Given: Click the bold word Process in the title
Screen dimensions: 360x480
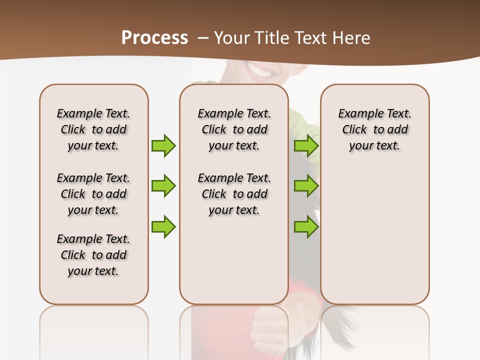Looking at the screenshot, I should (154, 38).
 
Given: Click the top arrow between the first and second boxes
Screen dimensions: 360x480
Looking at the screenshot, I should (163, 145).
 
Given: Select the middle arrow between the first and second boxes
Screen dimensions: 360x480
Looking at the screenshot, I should (163, 186).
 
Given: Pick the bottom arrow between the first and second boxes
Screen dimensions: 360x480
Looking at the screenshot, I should (163, 226).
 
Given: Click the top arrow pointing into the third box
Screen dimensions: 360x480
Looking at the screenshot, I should (306, 145).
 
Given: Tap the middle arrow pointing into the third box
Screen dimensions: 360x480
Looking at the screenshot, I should (306, 186).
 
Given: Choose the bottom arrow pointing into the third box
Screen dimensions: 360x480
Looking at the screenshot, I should (306, 227).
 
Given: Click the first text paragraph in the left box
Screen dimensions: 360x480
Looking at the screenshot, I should (93, 129).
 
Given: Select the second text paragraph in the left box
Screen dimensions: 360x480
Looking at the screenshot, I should (93, 194).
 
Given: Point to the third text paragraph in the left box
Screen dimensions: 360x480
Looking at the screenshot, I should (93, 255).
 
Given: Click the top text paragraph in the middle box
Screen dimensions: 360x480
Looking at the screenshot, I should (234, 129).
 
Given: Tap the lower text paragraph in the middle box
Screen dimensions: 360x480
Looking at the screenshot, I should (234, 194).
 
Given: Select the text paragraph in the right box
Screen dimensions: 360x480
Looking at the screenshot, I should (374, 129).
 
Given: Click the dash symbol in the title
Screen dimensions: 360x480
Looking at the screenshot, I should (203, 38).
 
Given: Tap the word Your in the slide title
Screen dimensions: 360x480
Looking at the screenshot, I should (232, 38).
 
